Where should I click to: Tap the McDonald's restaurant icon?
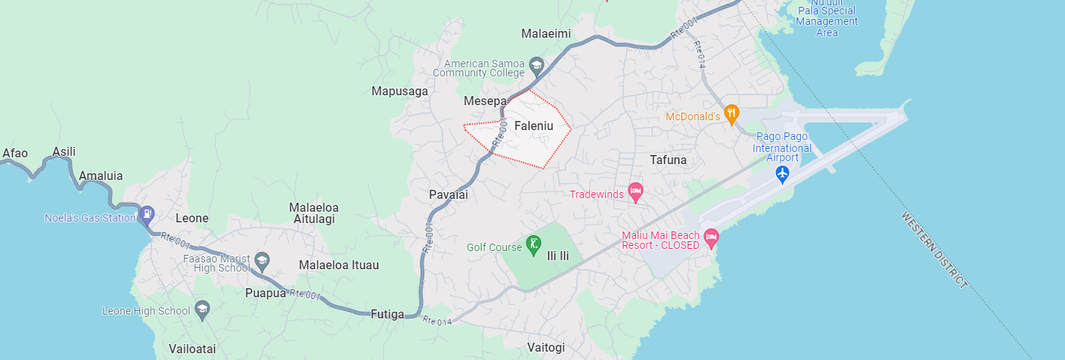coord(731,115)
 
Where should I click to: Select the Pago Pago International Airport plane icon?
coord(782,175)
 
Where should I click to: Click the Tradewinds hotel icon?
coord(635,193)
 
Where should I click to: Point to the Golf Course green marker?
coord(534,244)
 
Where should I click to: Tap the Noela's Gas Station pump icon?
coord(146,215)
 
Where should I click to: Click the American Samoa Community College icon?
coord(536,65)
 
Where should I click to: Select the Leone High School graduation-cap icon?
coord(202,309)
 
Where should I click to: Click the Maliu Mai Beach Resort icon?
coord(710,238)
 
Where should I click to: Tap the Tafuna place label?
coord(668,160)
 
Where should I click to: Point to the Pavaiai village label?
coord(449,194)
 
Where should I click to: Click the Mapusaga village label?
coord(399,92)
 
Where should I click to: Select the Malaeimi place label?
coord(546,34)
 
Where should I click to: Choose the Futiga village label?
coord(387,314)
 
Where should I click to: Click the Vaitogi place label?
coord(545,347)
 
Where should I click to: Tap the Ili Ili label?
coord(557,256)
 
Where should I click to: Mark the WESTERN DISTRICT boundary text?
coord(934,250)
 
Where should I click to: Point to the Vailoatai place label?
coord(192,349)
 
